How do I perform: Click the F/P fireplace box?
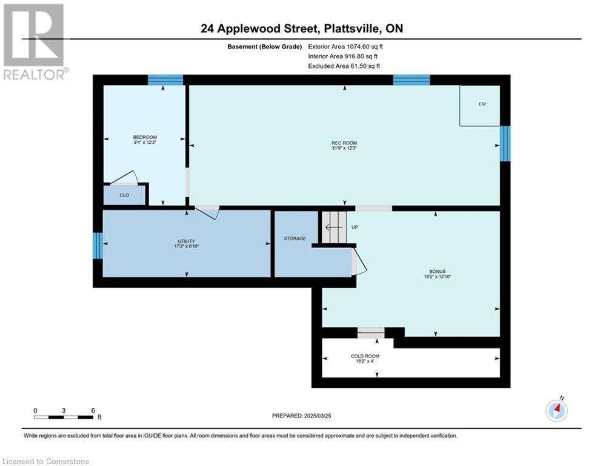(479, 106)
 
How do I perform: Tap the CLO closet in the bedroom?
(124, 195)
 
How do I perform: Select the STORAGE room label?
(295, 238)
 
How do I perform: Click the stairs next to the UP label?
(331, 227)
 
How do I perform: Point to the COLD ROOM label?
(365, 356)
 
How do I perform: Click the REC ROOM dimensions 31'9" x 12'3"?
(345, 148)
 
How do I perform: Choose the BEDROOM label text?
(145, 137)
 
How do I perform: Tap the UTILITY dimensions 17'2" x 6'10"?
(187, 246)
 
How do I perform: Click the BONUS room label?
(438, 271)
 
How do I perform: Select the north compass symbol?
(556, 410)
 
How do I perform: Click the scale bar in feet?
(64, 417)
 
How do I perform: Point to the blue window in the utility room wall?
(98, 245)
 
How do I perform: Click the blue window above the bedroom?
(165, 79)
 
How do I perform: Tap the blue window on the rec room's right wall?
(505, 143)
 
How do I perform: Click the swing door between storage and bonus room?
(359, 261)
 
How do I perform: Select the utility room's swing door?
(207, 212)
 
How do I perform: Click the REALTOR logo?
(35, 42)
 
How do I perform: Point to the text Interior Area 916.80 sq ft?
(342, 56)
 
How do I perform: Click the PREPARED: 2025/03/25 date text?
(302, 416)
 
